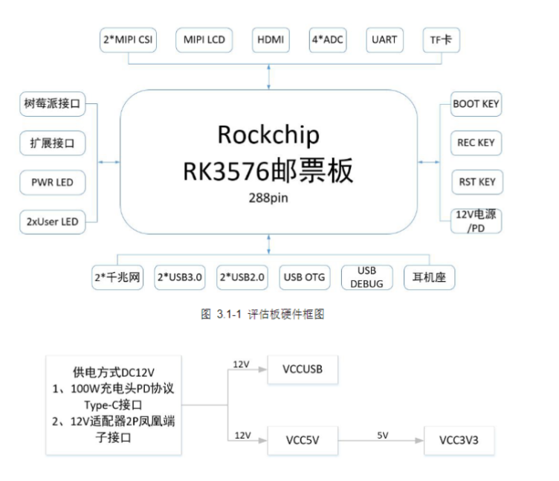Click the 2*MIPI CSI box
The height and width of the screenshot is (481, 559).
[128, 40]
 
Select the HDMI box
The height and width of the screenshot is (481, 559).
[271, 40]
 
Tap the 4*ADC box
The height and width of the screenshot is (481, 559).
[328, 40]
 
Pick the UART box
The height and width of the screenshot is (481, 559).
[384, 40]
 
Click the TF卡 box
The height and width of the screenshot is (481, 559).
[442, 40]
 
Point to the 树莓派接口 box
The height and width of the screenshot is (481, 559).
[52, 104]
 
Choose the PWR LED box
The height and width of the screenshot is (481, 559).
[52, 183]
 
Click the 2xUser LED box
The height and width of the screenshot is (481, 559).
[52, 222]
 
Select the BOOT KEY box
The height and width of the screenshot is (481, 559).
[476, 104]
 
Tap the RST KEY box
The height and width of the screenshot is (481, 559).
[477, 182]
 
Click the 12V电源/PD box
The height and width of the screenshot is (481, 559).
[476, 221]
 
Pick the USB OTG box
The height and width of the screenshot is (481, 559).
[305, 277]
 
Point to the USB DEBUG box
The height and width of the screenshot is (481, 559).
[367, 277]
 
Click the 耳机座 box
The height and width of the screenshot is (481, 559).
[429, 277]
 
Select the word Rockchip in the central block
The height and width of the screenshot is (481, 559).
[268, 135]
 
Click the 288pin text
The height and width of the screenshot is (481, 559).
[268, 198]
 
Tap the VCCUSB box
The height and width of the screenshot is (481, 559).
[303, 369]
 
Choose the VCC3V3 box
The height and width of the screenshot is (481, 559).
[459, 440]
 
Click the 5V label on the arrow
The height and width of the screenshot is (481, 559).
[383, 436]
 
